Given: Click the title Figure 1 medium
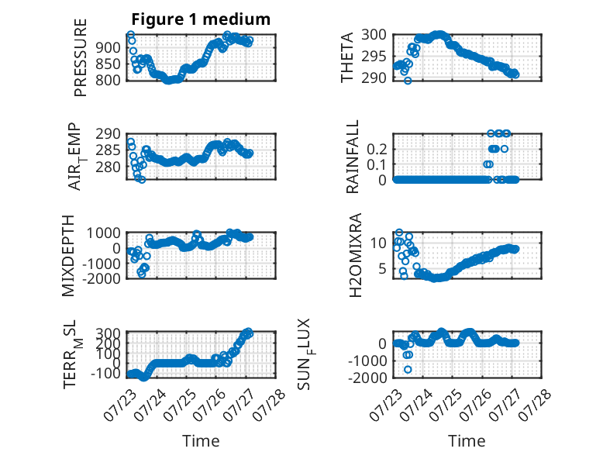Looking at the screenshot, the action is (x=201, y=19).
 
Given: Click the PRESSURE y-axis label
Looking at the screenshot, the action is (x=80, y=57).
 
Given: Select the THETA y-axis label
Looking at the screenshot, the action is (x=347, y=57).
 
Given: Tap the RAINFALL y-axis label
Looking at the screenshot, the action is (x=352, y=157).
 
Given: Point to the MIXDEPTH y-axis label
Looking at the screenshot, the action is (x=67, y=256).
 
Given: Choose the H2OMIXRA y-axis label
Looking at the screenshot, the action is (x=355, y=255).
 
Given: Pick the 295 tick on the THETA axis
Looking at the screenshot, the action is (x=374, y=57).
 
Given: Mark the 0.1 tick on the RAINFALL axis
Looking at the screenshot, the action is (x=376, y=164).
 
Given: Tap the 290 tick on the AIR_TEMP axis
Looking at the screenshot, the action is (x=108, y=134).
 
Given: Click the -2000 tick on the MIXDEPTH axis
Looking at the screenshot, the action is (x=102, y=279).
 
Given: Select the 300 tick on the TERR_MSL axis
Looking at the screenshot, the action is (x=108, y=333).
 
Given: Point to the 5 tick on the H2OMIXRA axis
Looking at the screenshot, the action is (x=382, y=268).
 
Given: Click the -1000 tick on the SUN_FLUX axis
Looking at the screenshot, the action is (x=367, y=361).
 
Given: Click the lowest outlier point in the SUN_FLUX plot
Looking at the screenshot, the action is (x=408, y=370).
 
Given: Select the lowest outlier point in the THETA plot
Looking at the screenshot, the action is (x=408, y=81).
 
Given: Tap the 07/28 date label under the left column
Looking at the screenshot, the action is (x=268, y=405).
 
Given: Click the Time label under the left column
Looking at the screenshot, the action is (x=201, y=441).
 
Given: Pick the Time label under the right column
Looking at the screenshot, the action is (x=467, y=441).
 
